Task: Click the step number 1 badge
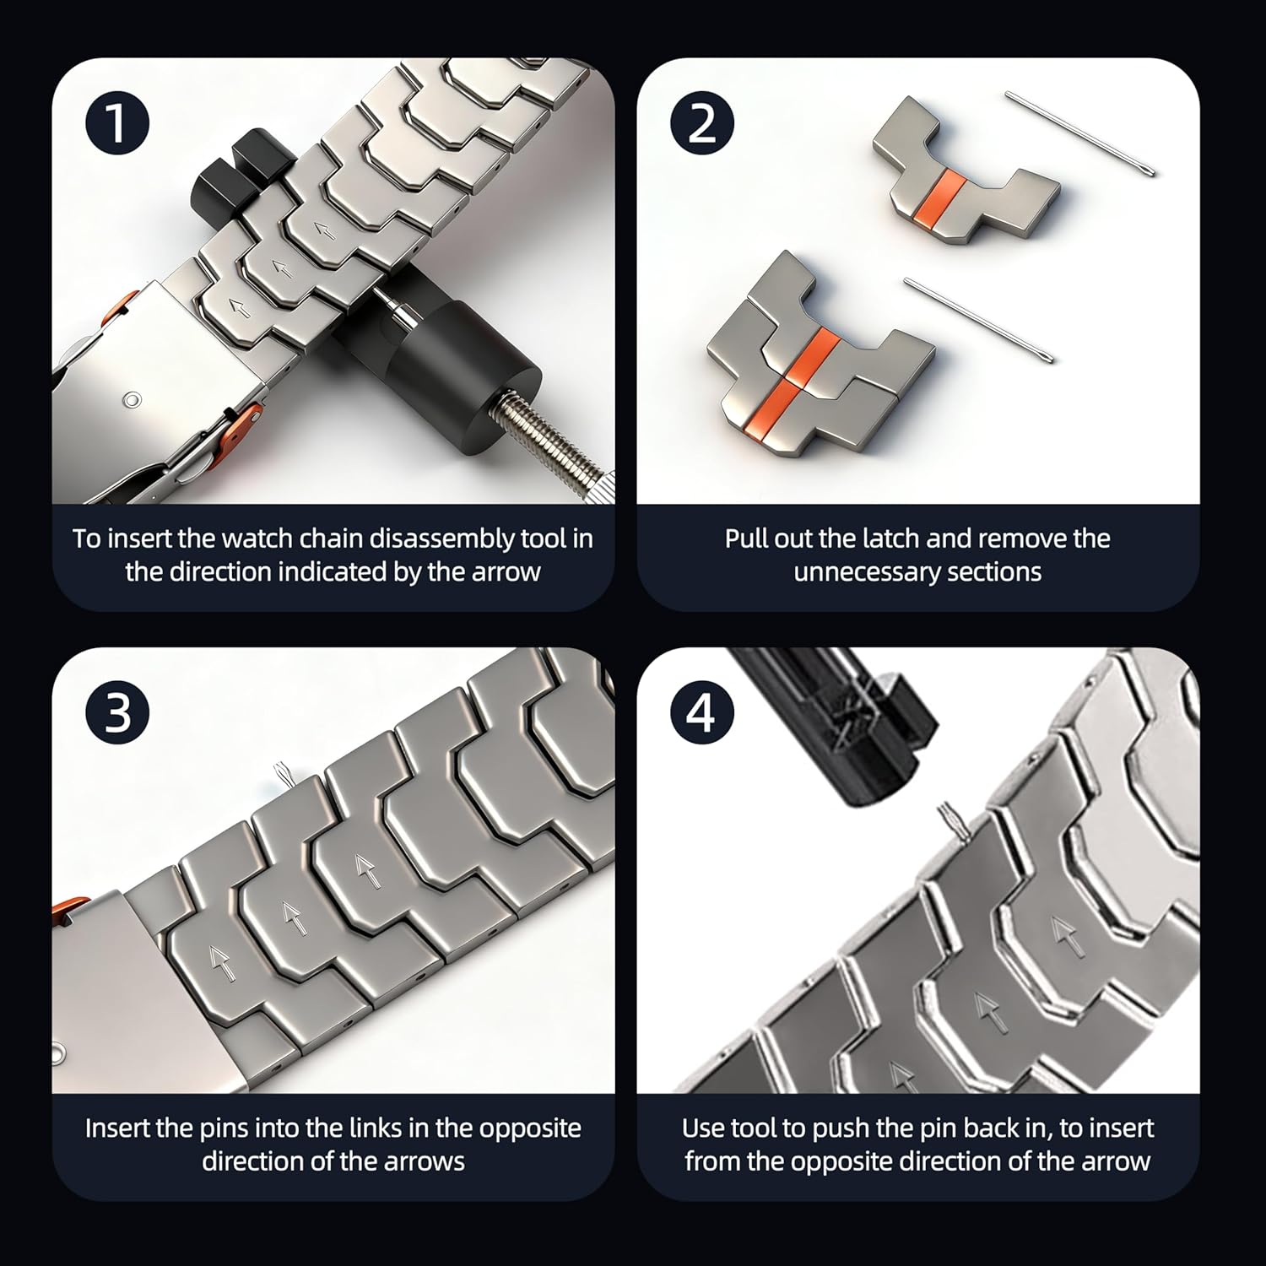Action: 117,123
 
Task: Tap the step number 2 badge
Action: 702,123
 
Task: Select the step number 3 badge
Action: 117,713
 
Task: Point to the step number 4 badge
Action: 702,713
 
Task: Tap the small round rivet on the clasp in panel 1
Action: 131,398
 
